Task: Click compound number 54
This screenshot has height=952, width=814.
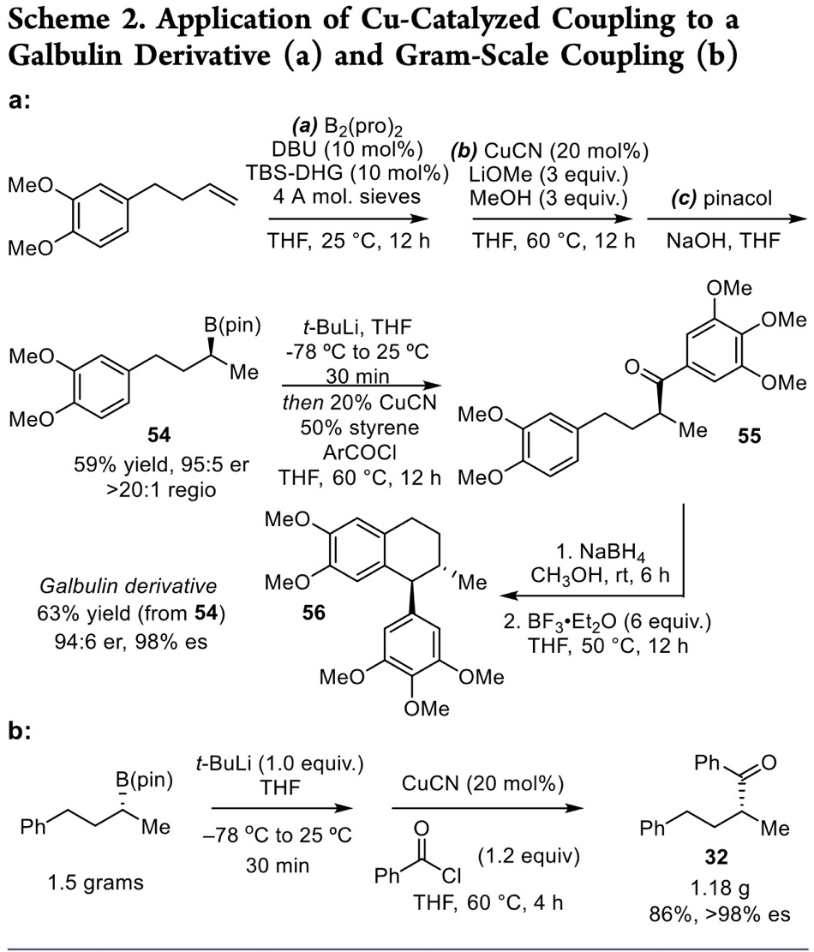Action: [159, 437]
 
